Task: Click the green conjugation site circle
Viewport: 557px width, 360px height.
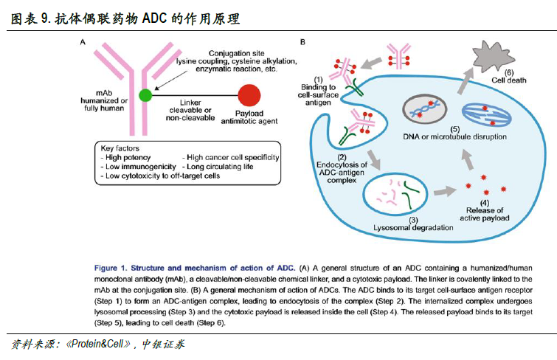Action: click(x=145, y=94)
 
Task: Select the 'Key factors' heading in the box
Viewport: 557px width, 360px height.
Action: click(x=120, y=148)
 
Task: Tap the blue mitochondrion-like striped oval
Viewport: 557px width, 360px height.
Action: click(x=488, y=113)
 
